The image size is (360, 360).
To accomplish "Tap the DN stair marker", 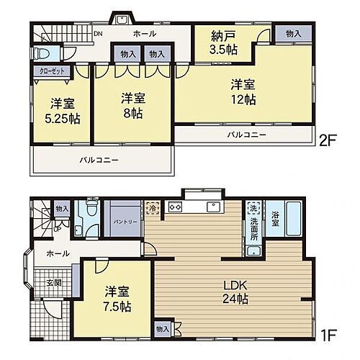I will tap(97, 33).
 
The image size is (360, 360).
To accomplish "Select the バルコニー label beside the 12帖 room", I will tap(247, 135).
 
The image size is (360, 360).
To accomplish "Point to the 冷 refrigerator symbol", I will tap(153, 207).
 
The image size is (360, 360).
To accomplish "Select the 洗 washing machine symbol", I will tap(253, 208).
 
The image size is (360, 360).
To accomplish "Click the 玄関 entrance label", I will tap(54, 283).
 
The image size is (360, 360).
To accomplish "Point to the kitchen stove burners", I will tap(175, 207).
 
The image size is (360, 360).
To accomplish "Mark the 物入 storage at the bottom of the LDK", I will tap(162, 329).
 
